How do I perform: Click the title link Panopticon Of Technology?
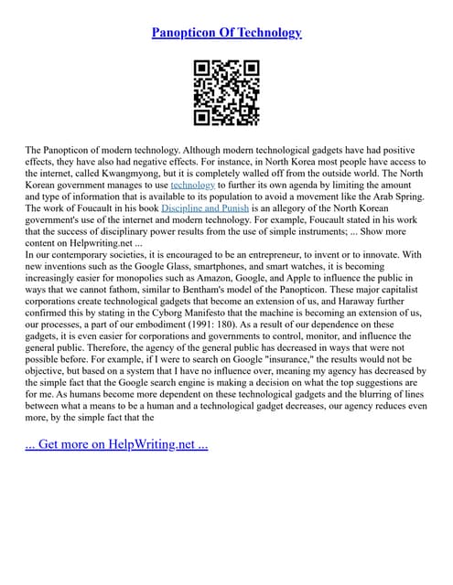(226, 33)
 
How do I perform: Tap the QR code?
(226, 92)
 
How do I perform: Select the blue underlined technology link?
(192, 184)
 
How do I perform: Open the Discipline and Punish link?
(204, 208)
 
